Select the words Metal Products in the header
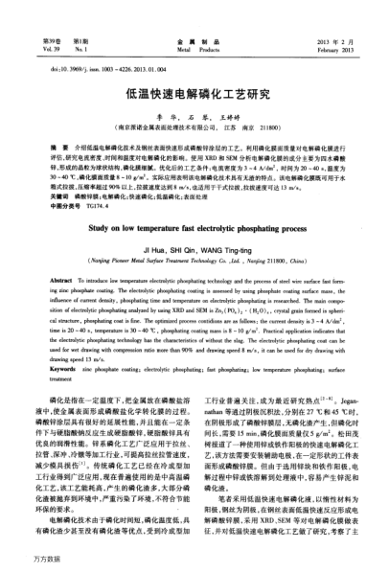(194, 26)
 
